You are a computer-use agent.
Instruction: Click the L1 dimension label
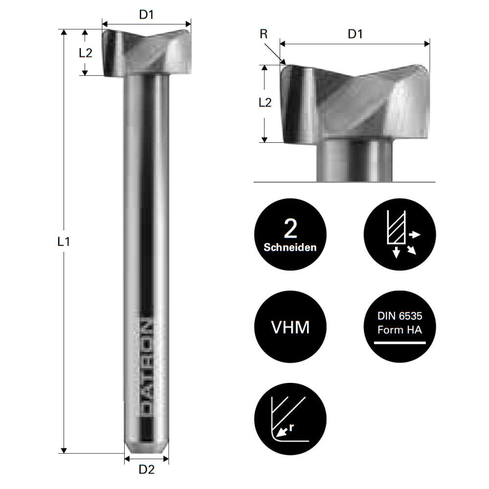[64, 241]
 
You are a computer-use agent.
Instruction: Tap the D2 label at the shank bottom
[146, 470]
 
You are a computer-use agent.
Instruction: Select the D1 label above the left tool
[146, 15]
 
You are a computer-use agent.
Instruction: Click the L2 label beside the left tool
[86, 53]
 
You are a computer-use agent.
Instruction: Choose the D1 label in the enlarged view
[355, 34]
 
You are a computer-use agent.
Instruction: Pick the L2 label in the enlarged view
[265, 102]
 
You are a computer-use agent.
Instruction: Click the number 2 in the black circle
[290, 229]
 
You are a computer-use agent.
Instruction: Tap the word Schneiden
[290, 247]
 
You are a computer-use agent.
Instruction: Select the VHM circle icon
[290, 327]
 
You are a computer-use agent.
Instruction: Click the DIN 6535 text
[399, 317]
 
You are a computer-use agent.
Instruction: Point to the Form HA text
[399, 330]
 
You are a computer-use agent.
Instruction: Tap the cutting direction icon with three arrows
[399, 235]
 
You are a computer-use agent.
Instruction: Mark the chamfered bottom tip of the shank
[146, 448]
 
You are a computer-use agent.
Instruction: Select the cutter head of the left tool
[147, 53]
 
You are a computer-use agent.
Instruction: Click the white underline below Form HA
[399, 343]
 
